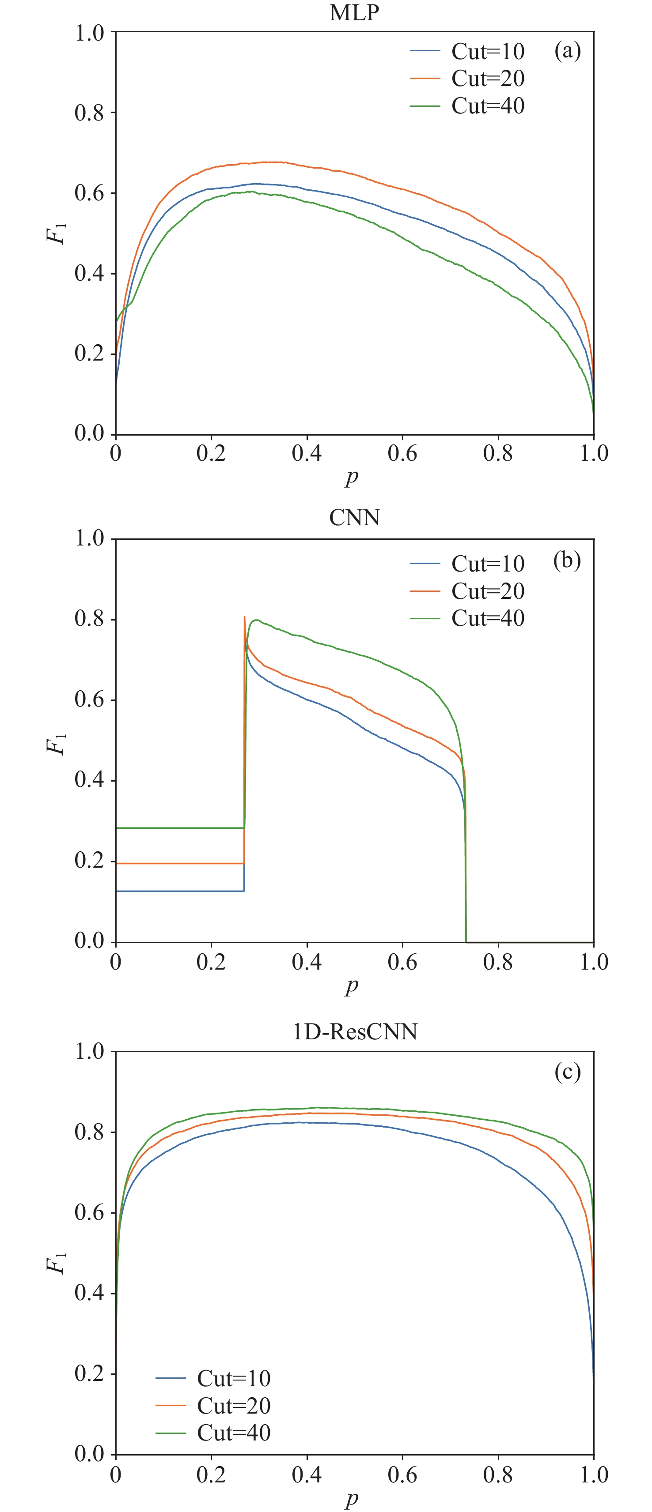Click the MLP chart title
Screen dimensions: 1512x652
354,13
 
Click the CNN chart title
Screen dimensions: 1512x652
354,518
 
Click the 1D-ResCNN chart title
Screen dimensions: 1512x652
355,1031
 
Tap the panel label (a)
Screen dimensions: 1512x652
568,52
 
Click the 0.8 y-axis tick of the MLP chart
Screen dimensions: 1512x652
89,113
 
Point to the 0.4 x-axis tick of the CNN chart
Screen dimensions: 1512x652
307,962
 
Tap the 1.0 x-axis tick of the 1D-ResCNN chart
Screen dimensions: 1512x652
594,1474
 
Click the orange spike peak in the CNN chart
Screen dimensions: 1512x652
244,617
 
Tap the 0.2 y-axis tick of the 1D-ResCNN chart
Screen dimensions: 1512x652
89,1373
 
